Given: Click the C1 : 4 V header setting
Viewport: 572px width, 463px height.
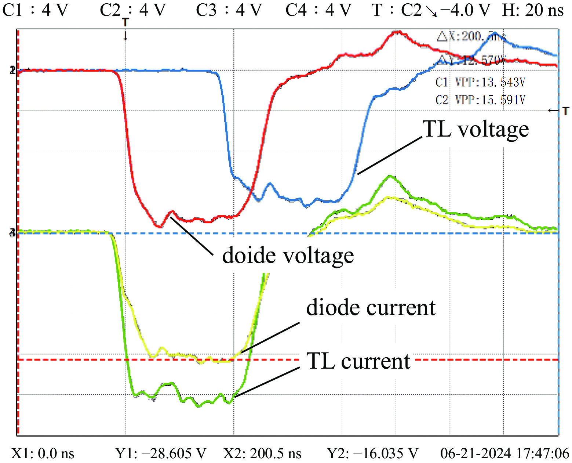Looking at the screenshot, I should coord(35,10).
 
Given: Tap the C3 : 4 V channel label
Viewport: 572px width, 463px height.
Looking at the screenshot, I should coord(229,10).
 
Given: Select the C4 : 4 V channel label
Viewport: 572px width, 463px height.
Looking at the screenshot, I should coord(318,10).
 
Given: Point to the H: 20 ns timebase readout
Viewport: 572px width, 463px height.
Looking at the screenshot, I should coord(532,10).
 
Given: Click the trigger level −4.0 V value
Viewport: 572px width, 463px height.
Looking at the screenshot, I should coord(465,10).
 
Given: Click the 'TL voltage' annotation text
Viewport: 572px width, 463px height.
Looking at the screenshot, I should coord(476,129).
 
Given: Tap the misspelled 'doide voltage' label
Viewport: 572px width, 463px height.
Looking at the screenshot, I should coord(288,256).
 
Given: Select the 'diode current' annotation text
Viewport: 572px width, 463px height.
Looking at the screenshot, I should coord(371,308).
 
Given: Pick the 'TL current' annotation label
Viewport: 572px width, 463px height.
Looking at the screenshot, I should coord(358,361).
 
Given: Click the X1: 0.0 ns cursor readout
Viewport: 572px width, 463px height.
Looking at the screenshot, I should coord(43,454).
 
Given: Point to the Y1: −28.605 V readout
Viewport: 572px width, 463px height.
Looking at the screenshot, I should coord(161,454).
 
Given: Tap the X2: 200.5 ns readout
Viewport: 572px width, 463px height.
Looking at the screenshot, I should coord(262,454).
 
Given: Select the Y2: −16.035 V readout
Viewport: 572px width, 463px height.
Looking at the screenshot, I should coord(372,454).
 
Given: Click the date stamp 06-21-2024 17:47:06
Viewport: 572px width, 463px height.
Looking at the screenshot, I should coord(505,454).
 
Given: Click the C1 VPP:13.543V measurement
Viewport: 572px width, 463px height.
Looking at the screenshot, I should coord(480,82).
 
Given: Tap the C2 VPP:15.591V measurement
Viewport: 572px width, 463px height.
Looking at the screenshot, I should coord(480,100).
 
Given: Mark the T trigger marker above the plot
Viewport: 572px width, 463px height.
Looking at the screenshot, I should coord(125,23).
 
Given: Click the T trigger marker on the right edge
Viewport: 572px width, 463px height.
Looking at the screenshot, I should coord(565,111).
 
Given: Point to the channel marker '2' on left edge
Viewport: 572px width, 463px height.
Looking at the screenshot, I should coord(13,70).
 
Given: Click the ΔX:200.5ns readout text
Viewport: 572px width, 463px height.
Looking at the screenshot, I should coord(471,37).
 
